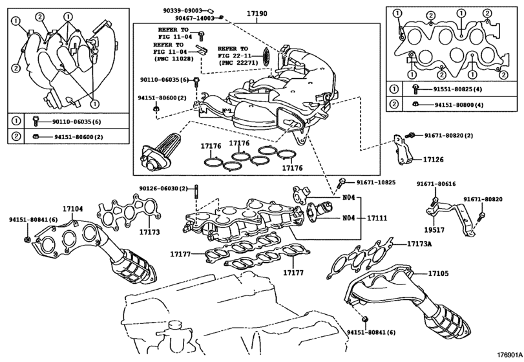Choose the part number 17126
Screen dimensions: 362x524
[433, 159]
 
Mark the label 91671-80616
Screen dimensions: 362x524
[435, 184]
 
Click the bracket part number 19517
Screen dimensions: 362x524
[434, 228]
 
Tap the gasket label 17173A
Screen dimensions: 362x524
[419, 244]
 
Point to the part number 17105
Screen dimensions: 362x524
[437, 274]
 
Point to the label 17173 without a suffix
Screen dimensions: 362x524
[150, 231]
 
